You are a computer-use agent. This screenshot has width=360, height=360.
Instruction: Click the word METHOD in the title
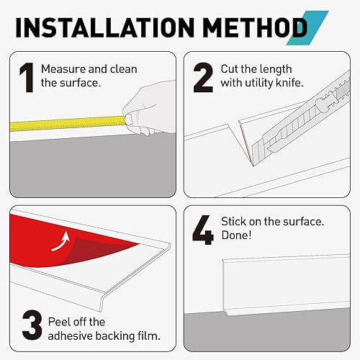click(x=240, y=28)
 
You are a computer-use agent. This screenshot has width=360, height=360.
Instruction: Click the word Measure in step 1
click(x=62, y=70)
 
